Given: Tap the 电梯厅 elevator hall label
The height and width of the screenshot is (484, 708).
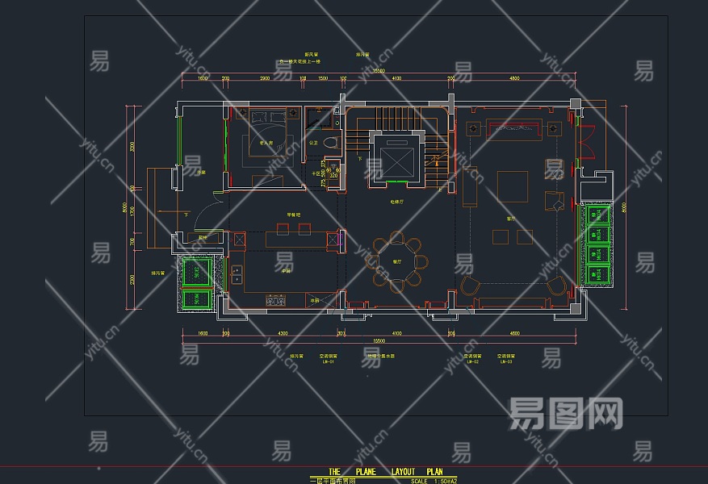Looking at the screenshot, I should click(396, 202).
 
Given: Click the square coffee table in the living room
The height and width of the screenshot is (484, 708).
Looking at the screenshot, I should click(512, 186).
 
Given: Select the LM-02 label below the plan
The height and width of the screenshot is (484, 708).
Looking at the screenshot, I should click(472, 362).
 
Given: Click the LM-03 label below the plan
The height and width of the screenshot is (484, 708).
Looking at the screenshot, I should click(506, 362).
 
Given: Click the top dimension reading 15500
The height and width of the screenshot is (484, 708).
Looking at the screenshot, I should click(378, 71).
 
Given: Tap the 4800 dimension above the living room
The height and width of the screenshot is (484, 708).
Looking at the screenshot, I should click(513, 78).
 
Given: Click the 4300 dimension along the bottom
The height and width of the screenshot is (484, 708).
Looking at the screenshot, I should click(283, 332).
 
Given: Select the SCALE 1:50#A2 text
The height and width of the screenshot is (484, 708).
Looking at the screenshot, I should click(434, 481).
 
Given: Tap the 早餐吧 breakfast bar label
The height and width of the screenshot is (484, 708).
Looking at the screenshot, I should click(293, 215).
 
